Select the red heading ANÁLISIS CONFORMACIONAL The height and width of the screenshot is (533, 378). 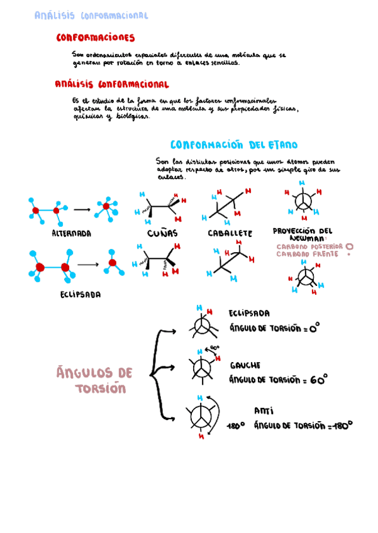111,84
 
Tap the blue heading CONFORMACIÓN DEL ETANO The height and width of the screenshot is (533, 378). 234,145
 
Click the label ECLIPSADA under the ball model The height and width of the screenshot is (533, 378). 81,294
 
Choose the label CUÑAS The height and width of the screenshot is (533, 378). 162,233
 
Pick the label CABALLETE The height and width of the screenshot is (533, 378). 230,233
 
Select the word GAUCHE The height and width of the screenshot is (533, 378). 245,365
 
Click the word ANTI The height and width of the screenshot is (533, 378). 264,410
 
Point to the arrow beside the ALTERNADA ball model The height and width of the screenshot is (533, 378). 82,209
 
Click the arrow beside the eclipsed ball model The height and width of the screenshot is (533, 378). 88,264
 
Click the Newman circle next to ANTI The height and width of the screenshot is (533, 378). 201,415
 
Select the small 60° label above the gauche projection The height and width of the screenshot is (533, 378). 214,348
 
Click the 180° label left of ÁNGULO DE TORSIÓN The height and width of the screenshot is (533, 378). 236,426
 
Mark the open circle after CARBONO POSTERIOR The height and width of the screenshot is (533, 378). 350,247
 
